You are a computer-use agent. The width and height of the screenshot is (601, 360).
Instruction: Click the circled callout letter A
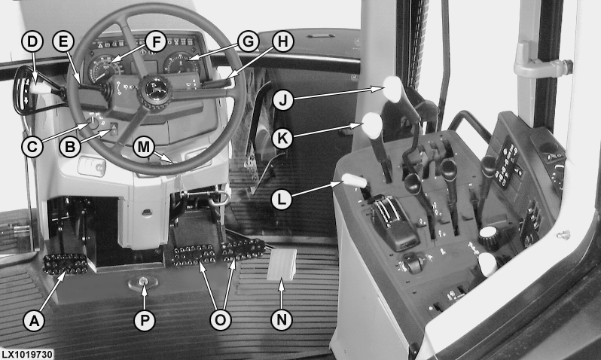tap(34, 320)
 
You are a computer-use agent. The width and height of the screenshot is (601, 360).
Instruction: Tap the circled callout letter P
tap(145, 320)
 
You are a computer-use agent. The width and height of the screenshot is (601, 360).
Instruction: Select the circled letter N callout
tap(282, 320)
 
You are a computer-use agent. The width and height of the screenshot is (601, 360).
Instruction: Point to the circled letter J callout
tap(283, 99)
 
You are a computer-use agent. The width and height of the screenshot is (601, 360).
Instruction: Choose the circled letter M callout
tap(144, 147)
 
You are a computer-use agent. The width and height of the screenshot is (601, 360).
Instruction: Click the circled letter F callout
tap(156, 41)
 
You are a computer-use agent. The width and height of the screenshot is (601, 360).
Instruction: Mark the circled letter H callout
tap(283, 41)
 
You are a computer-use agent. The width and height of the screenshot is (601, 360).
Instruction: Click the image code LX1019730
tap(26, 354)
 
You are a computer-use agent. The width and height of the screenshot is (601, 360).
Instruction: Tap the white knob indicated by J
tap(393, 89)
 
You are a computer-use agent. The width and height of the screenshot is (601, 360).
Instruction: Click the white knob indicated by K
tap(372, 125)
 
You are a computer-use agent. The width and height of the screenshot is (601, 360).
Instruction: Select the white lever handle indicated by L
tap(355, 180)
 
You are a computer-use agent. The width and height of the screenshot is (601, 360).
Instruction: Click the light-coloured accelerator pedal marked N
tap(282, 264)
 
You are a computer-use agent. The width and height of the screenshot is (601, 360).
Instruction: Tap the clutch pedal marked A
tap(66, 264)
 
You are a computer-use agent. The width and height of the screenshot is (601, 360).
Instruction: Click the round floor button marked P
tap(143, 282)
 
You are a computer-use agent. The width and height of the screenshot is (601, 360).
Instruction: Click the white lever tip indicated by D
tap(40, 89)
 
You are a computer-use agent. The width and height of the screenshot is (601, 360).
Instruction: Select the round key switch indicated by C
tap(93, 122)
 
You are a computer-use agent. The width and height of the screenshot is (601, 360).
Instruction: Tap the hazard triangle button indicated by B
tap(114, 129)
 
